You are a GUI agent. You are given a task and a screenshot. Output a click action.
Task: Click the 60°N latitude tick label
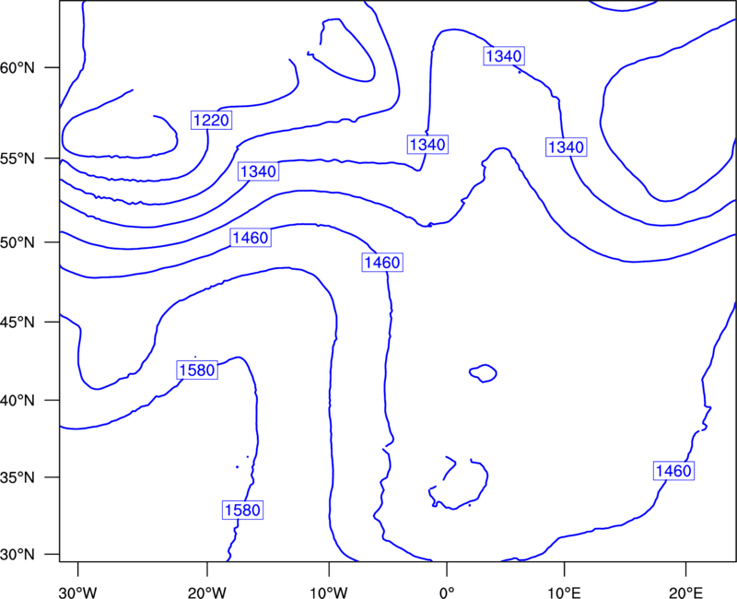point(18,67)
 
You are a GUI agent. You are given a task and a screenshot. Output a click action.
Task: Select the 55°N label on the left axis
point(18,159)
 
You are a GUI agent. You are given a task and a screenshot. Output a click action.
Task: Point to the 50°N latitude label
point(18,242)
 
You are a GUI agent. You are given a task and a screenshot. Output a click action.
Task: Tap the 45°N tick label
point(18,322)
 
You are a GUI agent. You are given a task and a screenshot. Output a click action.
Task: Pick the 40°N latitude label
point(18,401)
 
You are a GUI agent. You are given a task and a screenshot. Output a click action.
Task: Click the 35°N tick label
point(18,477)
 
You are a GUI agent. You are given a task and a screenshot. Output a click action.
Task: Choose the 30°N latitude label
point(18,555)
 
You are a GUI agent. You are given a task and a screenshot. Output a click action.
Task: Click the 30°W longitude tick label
point(77,593)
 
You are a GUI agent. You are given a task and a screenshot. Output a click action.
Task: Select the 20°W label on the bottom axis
point(206,593)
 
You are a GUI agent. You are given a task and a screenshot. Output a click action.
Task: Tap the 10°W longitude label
point(329,593)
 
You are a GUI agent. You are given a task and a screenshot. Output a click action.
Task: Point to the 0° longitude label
point(447,593)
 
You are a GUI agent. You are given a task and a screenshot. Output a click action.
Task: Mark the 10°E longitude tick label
point(564,593)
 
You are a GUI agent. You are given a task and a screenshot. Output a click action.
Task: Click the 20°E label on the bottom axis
point(685,593)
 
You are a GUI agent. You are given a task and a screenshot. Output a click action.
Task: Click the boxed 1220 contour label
point(212,121)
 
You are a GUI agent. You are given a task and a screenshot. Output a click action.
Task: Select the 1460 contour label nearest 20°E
point(673,471)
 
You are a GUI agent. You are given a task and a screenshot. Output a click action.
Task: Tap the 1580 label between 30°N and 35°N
point(242,511)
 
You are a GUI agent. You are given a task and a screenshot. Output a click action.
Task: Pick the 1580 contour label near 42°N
point(197,370)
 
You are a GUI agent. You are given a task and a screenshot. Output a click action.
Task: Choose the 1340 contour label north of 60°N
point(504,56)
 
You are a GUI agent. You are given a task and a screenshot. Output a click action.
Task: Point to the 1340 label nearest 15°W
point(258,171)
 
